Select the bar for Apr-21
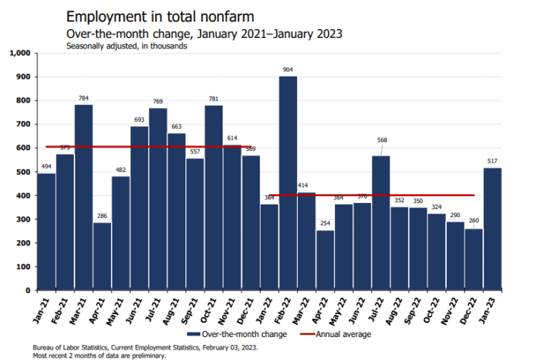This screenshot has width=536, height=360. pos(102,256)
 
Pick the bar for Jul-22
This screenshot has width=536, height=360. pos(381,223)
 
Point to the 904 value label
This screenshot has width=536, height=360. pos(288,70)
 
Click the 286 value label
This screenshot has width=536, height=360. pos(102,216)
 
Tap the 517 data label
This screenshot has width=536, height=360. pos(493,161)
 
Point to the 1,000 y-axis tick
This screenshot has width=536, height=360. pos(17,54)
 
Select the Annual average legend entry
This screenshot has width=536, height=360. pos(338,334)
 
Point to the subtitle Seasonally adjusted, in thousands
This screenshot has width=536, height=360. pos(126,45)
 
